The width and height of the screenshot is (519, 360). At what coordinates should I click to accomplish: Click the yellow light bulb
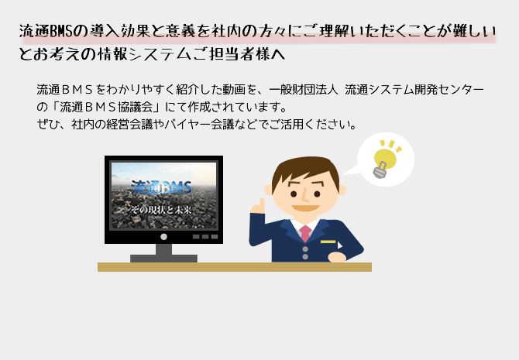coord(385,160)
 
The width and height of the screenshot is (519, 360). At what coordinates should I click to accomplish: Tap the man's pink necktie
coord(305,233)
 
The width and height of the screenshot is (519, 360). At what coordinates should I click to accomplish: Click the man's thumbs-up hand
coord(258,207)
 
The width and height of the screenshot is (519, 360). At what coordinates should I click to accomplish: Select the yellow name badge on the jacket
coord(328,242)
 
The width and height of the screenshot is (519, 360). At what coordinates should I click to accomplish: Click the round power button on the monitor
coord(163,237)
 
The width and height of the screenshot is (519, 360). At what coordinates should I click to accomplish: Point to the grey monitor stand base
coord(164,259)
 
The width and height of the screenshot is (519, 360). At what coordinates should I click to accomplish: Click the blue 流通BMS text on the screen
coord(162,187)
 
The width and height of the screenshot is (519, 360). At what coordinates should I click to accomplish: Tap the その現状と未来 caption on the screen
coord(162,210)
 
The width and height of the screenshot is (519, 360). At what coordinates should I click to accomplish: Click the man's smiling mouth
coord(305,208)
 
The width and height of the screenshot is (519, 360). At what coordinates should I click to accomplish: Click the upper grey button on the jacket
coord(305,249)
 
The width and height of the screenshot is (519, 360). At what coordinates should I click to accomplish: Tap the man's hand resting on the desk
coord(337,258)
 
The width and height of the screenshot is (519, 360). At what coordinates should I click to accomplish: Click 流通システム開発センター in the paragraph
coord(414,89)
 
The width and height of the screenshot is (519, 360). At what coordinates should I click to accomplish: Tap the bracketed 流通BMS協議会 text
coord(106,107)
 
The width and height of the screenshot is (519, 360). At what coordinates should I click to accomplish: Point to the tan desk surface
coord(235,267)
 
